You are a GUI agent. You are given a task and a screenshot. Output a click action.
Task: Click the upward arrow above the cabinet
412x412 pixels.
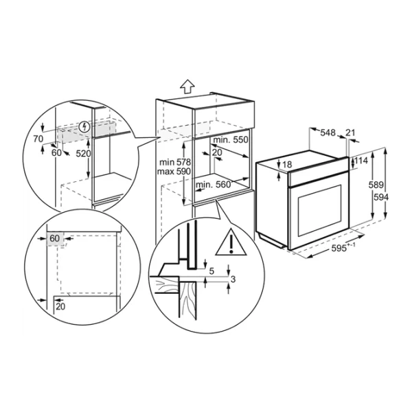187,87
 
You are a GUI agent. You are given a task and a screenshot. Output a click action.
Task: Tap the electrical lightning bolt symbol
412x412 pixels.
84,127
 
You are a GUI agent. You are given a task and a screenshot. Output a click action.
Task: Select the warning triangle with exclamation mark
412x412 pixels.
231,242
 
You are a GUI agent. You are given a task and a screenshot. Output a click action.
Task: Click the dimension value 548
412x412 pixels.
328,133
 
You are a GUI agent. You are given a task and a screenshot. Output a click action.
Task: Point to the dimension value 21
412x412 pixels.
350,133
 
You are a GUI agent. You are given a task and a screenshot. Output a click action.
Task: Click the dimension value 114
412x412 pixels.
361,161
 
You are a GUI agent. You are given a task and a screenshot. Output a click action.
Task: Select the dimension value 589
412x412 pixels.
376,185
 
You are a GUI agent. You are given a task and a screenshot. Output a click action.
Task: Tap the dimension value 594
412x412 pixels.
380,197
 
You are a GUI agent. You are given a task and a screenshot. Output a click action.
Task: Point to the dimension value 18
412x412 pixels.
287,165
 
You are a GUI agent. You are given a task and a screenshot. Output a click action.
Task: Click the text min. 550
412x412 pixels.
231,140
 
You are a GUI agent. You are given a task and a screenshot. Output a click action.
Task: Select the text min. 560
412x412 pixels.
213,185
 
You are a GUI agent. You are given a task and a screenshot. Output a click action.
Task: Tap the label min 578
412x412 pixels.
175,162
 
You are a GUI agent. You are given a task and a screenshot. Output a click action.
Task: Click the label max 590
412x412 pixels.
174,172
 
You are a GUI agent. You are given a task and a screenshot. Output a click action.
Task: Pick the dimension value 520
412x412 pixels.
83,153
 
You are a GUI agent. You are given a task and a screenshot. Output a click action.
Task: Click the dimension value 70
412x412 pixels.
38,139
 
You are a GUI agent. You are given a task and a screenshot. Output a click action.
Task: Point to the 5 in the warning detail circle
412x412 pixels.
211,271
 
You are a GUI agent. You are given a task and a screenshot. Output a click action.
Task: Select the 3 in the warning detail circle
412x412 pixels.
233,279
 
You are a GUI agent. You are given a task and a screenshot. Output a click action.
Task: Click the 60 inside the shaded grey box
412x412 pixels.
55,238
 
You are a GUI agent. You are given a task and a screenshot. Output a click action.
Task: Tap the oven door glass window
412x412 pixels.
319,210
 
